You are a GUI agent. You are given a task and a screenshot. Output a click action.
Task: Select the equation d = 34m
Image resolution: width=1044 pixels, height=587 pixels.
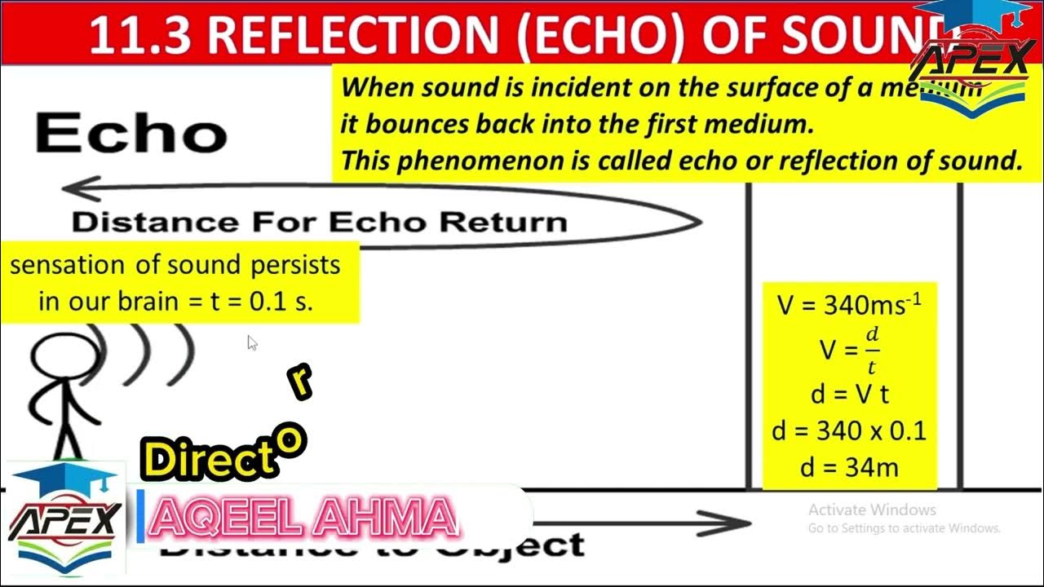click(849, 468)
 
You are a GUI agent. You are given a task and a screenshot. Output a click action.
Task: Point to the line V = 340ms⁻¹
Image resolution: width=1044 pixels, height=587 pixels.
click(849, 305)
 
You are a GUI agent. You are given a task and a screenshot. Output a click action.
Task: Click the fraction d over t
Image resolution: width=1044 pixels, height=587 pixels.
click(872, 350)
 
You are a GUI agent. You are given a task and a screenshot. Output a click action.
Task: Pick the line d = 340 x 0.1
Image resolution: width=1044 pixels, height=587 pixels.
click(849, 430)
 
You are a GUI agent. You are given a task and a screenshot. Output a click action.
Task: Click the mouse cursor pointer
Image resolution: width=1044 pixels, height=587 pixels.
click(252, 342)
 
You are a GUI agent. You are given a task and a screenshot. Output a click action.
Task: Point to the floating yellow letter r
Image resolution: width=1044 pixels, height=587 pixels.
click(301, 381)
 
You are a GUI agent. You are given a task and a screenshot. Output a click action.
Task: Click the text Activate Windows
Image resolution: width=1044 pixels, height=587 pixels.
click(872, 510)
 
